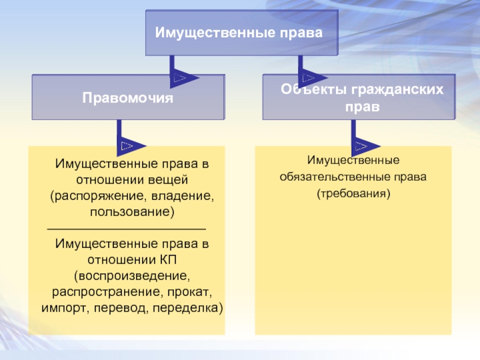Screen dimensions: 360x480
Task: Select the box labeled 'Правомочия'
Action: coord(128,96)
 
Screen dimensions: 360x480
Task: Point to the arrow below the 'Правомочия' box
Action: coord(128,145)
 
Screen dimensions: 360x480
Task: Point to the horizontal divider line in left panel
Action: coord(126,229)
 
